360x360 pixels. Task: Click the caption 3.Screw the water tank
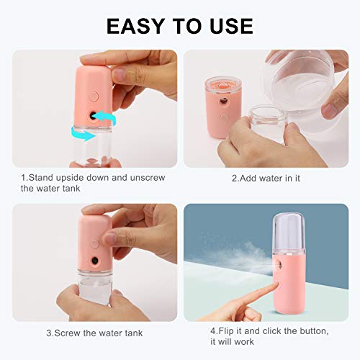94,333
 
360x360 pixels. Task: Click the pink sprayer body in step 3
94,245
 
